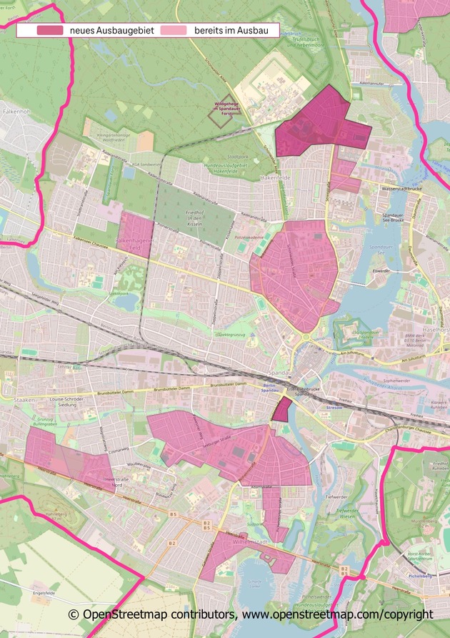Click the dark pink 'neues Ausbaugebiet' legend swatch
pyautogui.click(x=49, y=31)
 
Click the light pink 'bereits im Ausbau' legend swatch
pyautogui.click(x=174, y=31)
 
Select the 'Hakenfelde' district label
pyautogui.click(x=276, y=176)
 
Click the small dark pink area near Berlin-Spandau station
pyautogui.click(x=282, y=409)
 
